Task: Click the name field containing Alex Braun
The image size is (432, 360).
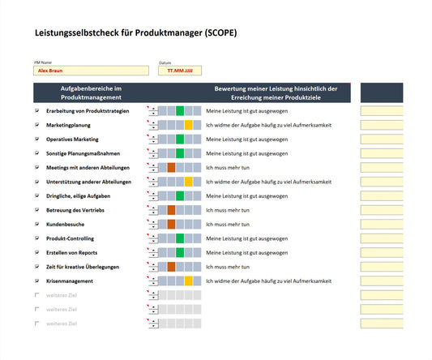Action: pos(92,71)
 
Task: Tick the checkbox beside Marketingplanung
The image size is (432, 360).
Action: pos(37,125)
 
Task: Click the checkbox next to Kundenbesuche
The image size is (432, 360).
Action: pos(37,224)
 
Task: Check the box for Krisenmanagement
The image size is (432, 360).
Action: pos(37,281)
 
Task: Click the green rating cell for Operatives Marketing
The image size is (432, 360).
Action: pos(180,139)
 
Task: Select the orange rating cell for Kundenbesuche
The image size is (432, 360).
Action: pos(171,224)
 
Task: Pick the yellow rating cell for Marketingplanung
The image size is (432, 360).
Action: pos(188,125)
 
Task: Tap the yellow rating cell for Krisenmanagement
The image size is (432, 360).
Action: pos(188,281)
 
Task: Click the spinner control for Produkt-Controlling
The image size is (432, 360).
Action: pos(152,238)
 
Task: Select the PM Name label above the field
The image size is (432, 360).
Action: pos(43,62)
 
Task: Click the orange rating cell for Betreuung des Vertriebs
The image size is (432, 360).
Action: pos(171,210)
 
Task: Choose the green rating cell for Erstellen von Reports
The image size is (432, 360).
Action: pos(180,252)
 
